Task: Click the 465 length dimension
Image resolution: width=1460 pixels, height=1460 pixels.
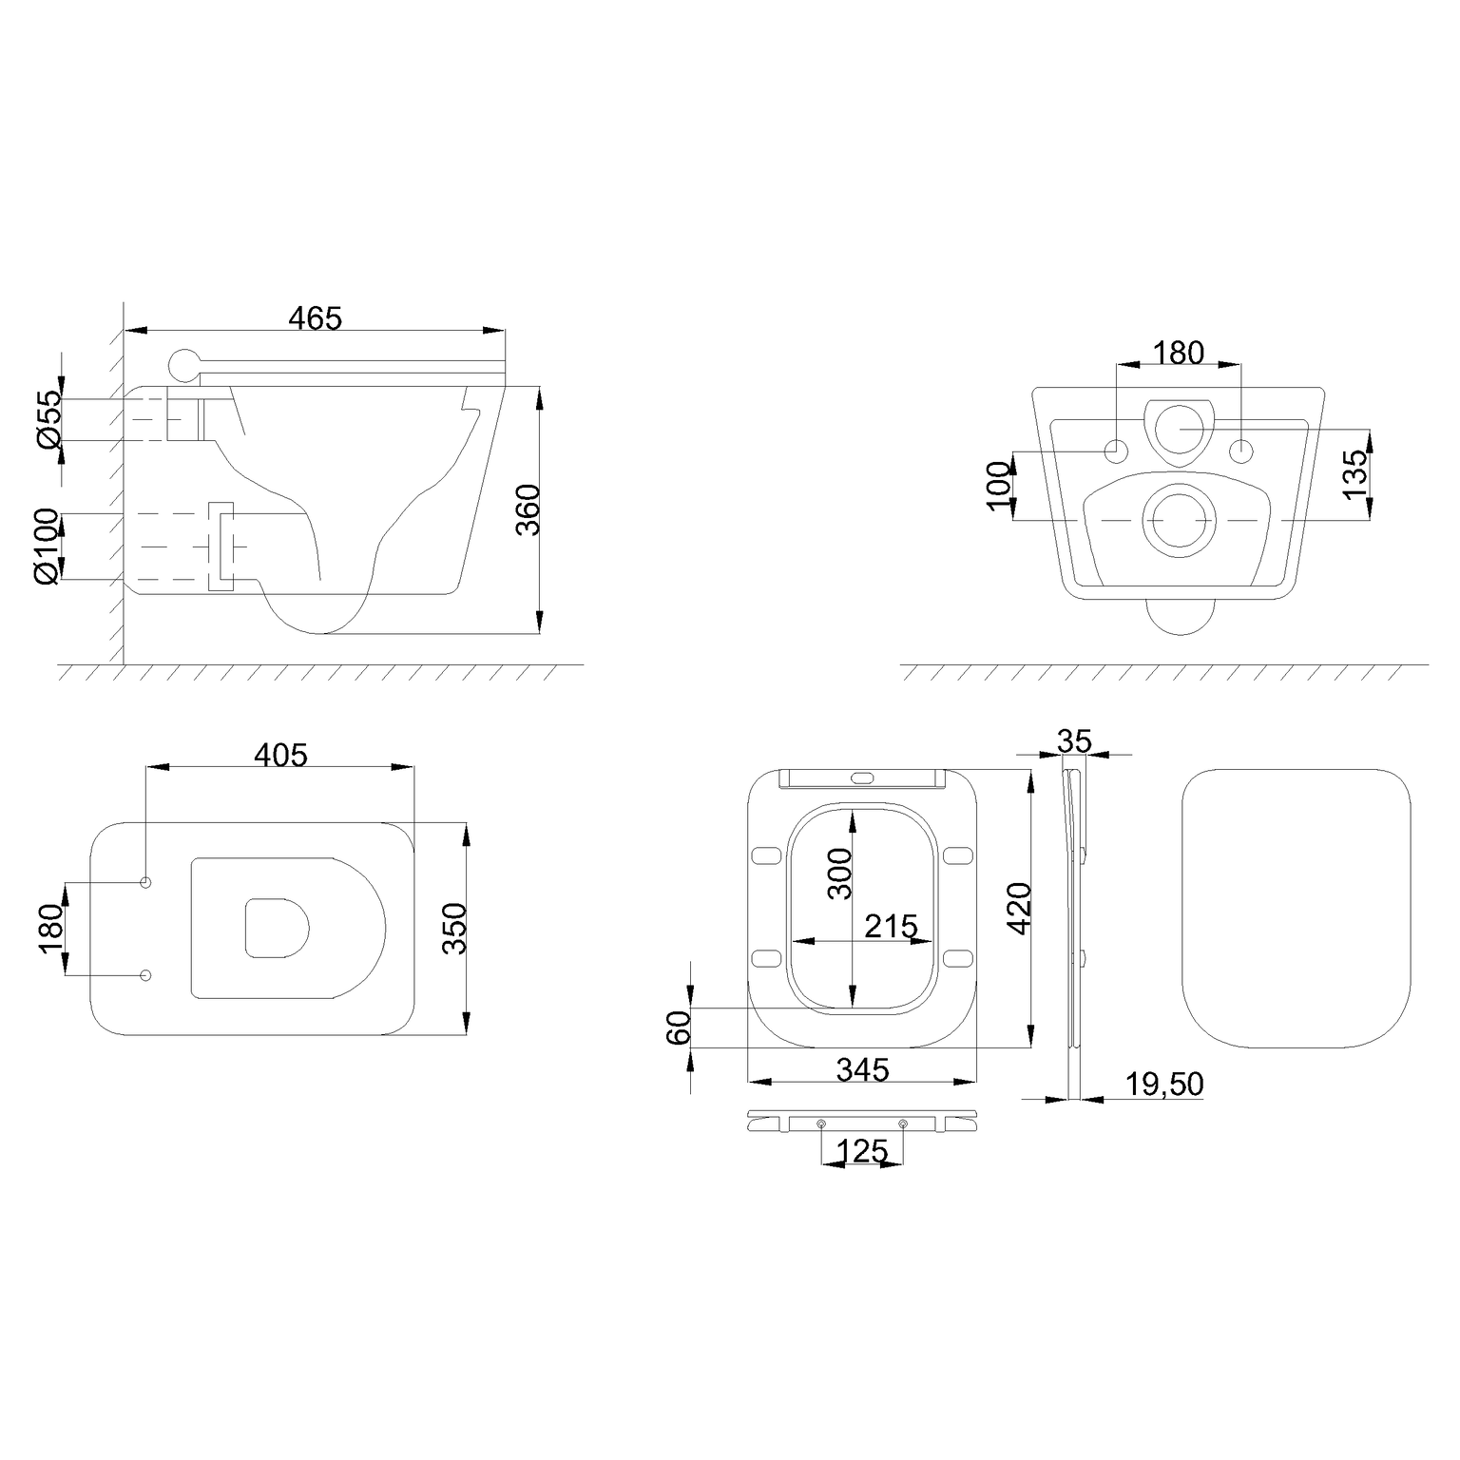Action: point(315,317)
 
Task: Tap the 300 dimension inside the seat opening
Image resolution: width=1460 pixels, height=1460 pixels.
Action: point(840,873)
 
